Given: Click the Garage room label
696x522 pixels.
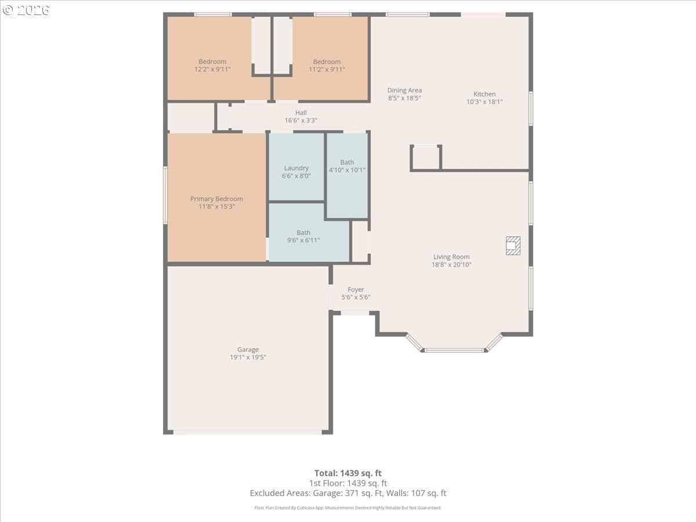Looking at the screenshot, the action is pos(248,349).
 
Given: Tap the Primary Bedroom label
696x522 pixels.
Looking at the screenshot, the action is pos(216,199).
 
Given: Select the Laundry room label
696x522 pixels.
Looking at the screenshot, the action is pos(296,168).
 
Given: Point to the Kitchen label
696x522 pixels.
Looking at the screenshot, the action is pos(484,94).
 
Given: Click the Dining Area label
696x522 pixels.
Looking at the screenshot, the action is pos(405,90).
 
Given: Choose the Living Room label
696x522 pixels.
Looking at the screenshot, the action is pos(451,257).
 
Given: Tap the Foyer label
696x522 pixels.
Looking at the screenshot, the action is pos(356,289).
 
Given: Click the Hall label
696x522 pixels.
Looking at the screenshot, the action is pos(301,113).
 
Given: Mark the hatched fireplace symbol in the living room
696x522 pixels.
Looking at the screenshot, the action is pos(513,245).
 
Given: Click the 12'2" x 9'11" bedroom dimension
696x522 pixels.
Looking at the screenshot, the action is pos(212,70).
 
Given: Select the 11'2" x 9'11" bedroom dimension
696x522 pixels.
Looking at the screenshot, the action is pos(327,70).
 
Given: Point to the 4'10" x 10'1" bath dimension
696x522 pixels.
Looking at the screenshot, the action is pos(347,170).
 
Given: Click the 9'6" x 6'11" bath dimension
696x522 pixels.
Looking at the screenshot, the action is pos(303,240).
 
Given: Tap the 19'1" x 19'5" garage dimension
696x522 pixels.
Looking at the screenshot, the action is pos(248,357).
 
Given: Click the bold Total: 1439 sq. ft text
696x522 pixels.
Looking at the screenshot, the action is pos(348,473).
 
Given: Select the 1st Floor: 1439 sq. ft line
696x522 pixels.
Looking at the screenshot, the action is pos(348,483).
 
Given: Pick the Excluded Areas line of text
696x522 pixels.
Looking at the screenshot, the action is pos(348,493).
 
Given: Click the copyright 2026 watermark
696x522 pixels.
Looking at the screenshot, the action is pos(26,10).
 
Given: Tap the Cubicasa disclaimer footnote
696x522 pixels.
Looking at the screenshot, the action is pos(348,507).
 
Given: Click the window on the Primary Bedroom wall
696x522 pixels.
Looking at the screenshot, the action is pos(165,195).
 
